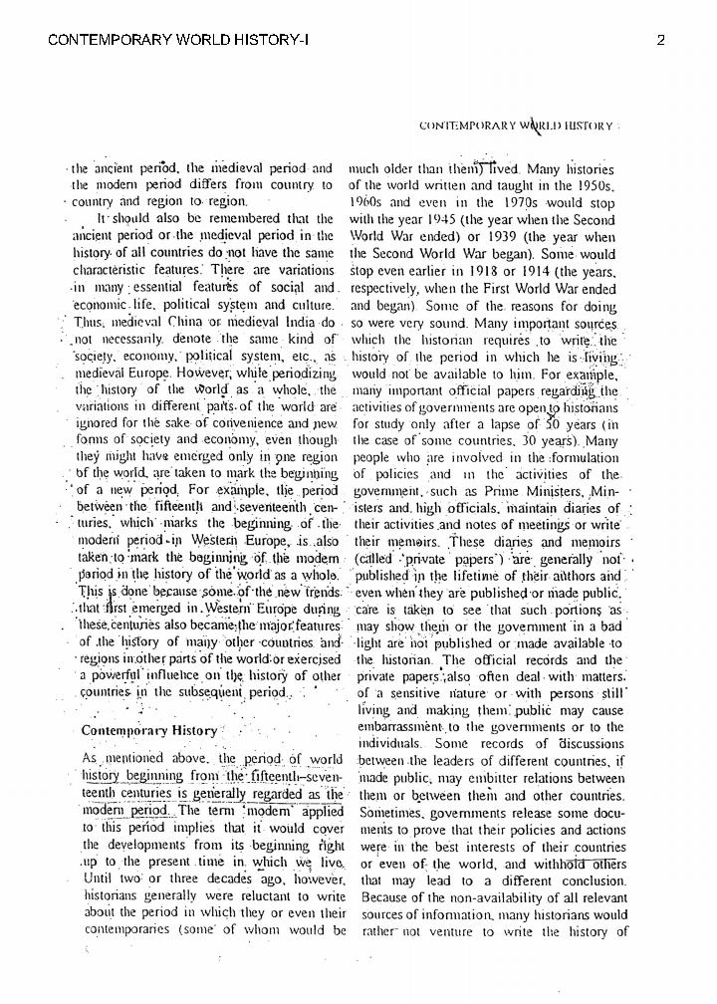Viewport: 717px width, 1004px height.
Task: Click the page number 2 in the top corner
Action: pyautogui.click(x=660, y=40)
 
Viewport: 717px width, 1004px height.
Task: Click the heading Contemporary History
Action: pyautogui.click(x=149, y=730)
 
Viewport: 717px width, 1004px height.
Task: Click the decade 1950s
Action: pyautogui.click(x=595, y=185)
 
